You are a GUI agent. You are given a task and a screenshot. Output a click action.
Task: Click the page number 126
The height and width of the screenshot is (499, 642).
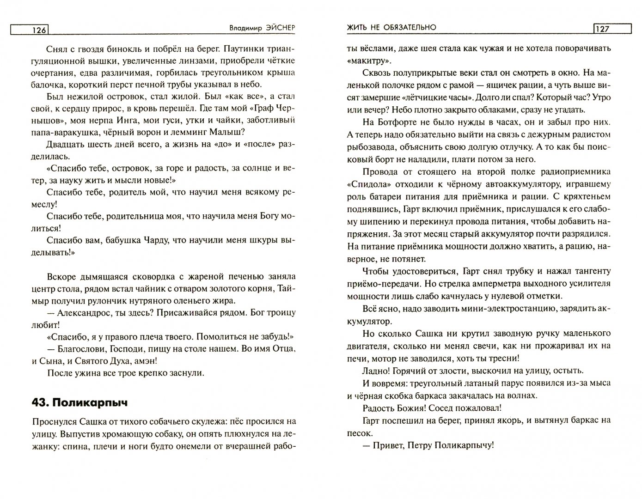tap(39, 30)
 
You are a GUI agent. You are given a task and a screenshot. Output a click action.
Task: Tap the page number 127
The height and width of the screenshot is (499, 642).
tap(602, 29)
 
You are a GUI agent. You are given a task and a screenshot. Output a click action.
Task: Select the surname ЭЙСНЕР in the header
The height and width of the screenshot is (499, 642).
tap(276, 28)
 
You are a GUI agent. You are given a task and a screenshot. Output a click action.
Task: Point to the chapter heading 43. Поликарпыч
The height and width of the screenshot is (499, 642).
tap(79, 402)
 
